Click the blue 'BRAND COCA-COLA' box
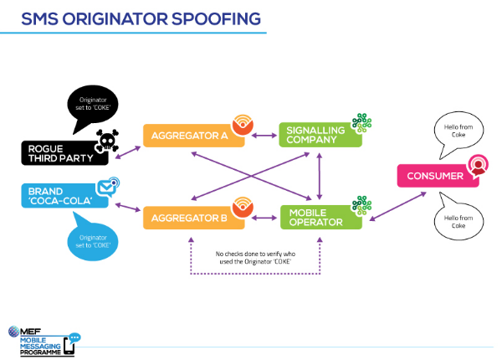[x=60, y=195]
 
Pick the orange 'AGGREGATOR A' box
[x=188, y=135]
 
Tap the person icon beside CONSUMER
[x=478, y=164]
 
